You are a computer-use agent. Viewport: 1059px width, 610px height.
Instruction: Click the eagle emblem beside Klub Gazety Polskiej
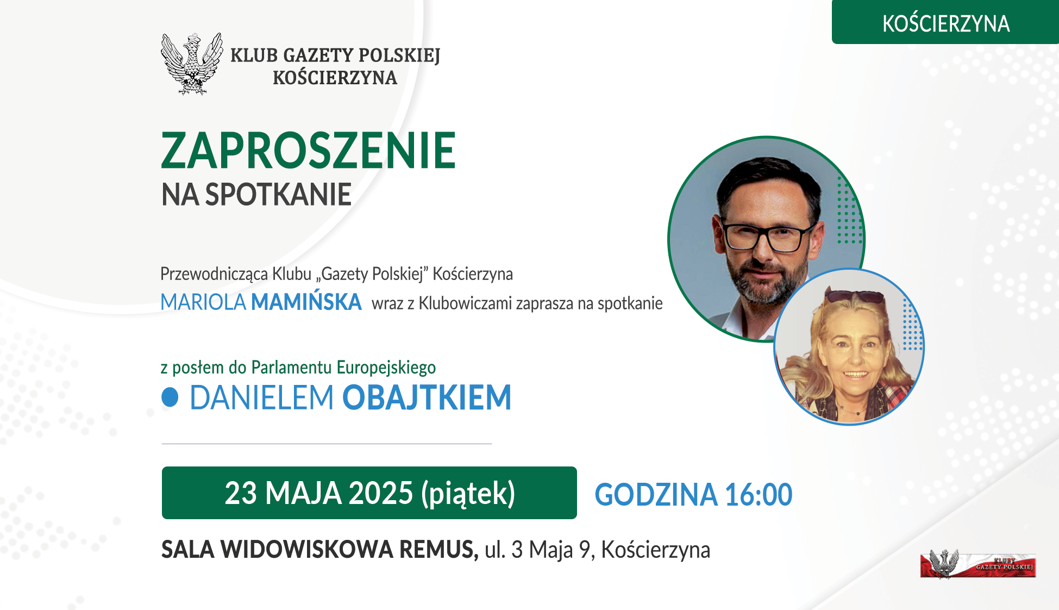(192, 64)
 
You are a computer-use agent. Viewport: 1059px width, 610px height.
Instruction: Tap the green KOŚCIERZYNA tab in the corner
(945, 22)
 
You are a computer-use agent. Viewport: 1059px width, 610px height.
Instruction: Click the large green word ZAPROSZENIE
(308, 151)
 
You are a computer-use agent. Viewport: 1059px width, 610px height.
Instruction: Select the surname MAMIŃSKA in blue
(306, 302)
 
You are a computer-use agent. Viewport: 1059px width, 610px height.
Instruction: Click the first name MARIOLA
(203, 302)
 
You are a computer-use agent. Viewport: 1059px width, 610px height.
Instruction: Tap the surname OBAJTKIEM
(427, 397)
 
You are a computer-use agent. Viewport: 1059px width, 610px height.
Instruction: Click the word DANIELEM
(261, 397)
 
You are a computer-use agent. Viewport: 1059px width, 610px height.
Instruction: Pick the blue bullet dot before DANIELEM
(170, 397)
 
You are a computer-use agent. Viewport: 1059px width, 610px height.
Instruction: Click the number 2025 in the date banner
(380, 493)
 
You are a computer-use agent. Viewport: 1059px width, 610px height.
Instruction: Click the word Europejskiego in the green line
(386, 368)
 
